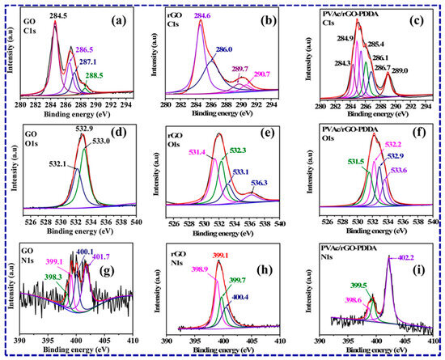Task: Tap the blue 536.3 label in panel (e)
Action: (262, 183)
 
